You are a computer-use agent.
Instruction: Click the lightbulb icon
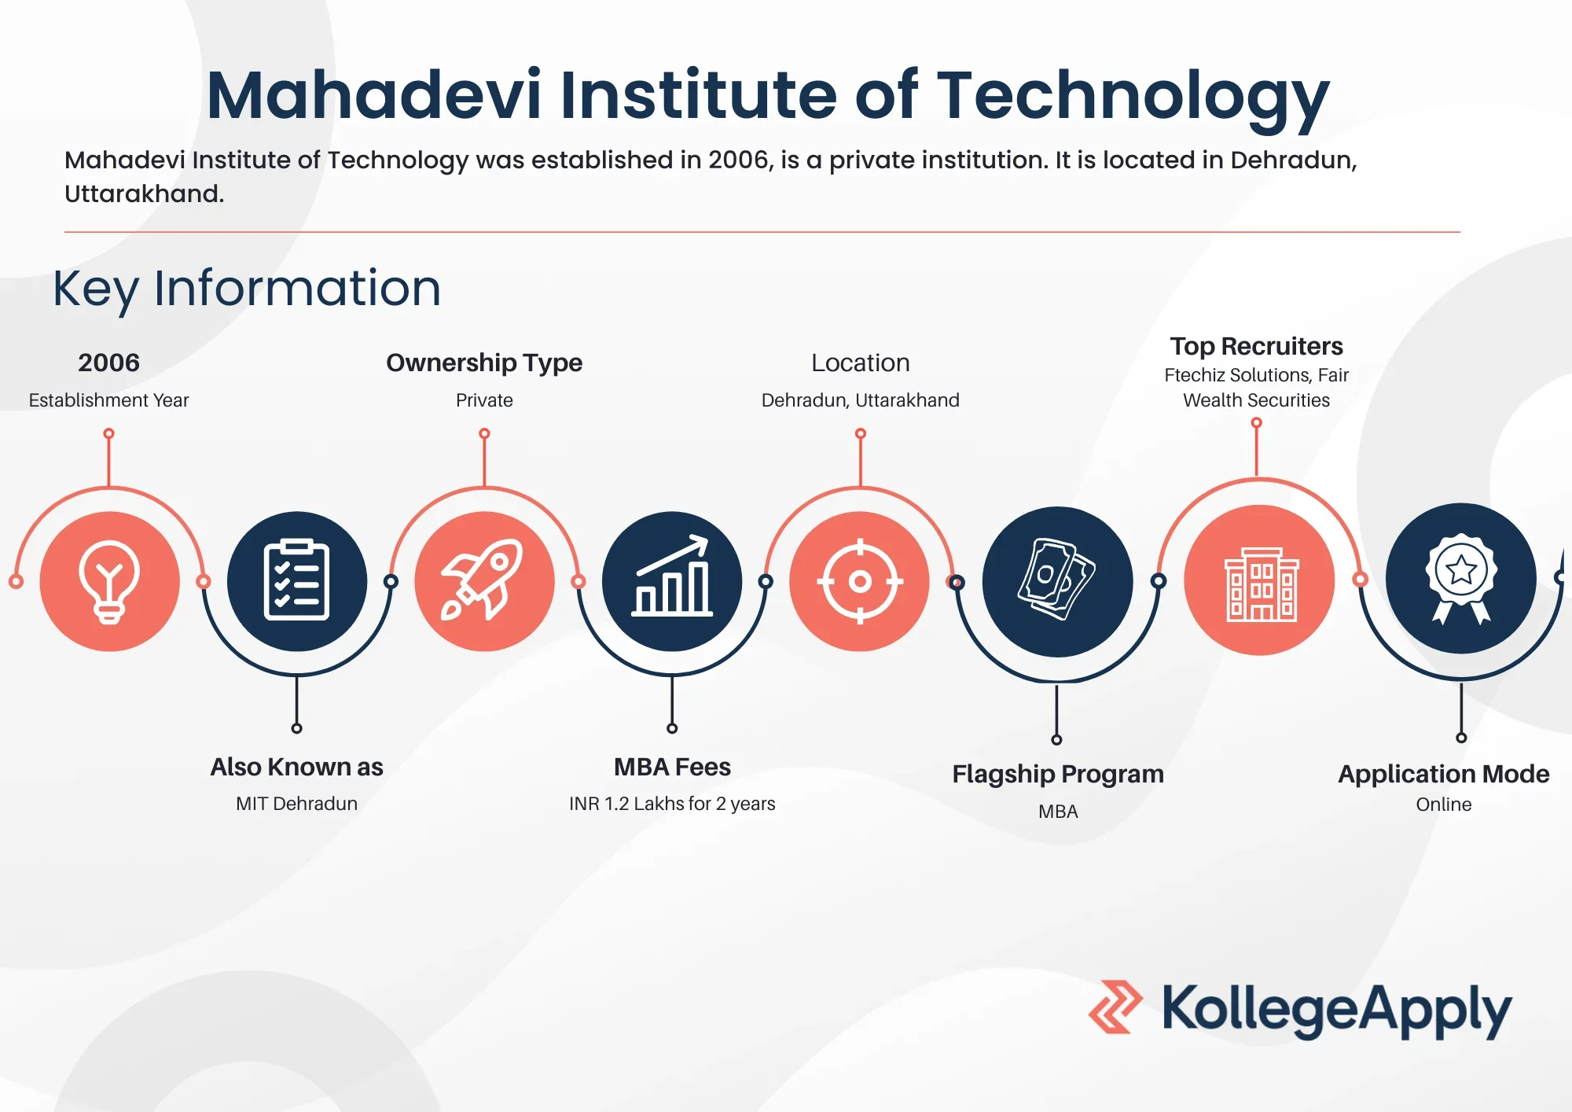pyautogui.click(x=109, y=582)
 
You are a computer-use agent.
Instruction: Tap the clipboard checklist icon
pyautogui.click(x=296, y=580)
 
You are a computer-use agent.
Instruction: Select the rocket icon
pyautogui.click(x=483, y=580)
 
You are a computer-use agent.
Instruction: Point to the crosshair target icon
pyautogui.click(x=860, y=581)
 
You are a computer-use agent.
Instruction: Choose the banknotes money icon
pyautogui.click(x=1057, y=579)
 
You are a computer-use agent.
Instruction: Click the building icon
pyautogui.click(x=1261, y=584)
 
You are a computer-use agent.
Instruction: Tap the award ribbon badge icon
pyautogui.click(x=1460, y=579)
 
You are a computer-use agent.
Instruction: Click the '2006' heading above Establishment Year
pyautogui.click(x=108, y=363)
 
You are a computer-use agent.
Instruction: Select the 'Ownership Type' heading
pyautogui.click(x=484, y=363)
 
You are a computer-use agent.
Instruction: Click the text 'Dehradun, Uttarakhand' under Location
pyautogui.click(x=861, y=400)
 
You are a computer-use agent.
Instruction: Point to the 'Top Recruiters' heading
pyautogui.click(x=1257, y=346)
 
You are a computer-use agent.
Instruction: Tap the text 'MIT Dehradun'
pyautogui.click(x=296, y=804)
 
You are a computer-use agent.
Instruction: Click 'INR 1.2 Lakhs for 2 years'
pyautogui.click(x=672, y=804)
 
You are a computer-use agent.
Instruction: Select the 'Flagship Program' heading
pyautogui.click(x=1058, y=774)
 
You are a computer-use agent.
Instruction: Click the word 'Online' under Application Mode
pyautogui.click(x=1444, y=805)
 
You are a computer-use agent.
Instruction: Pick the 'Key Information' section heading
pyautogui.click(x=247, y=289)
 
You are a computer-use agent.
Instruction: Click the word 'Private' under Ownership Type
pyautogui.click(x=484, y=400)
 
